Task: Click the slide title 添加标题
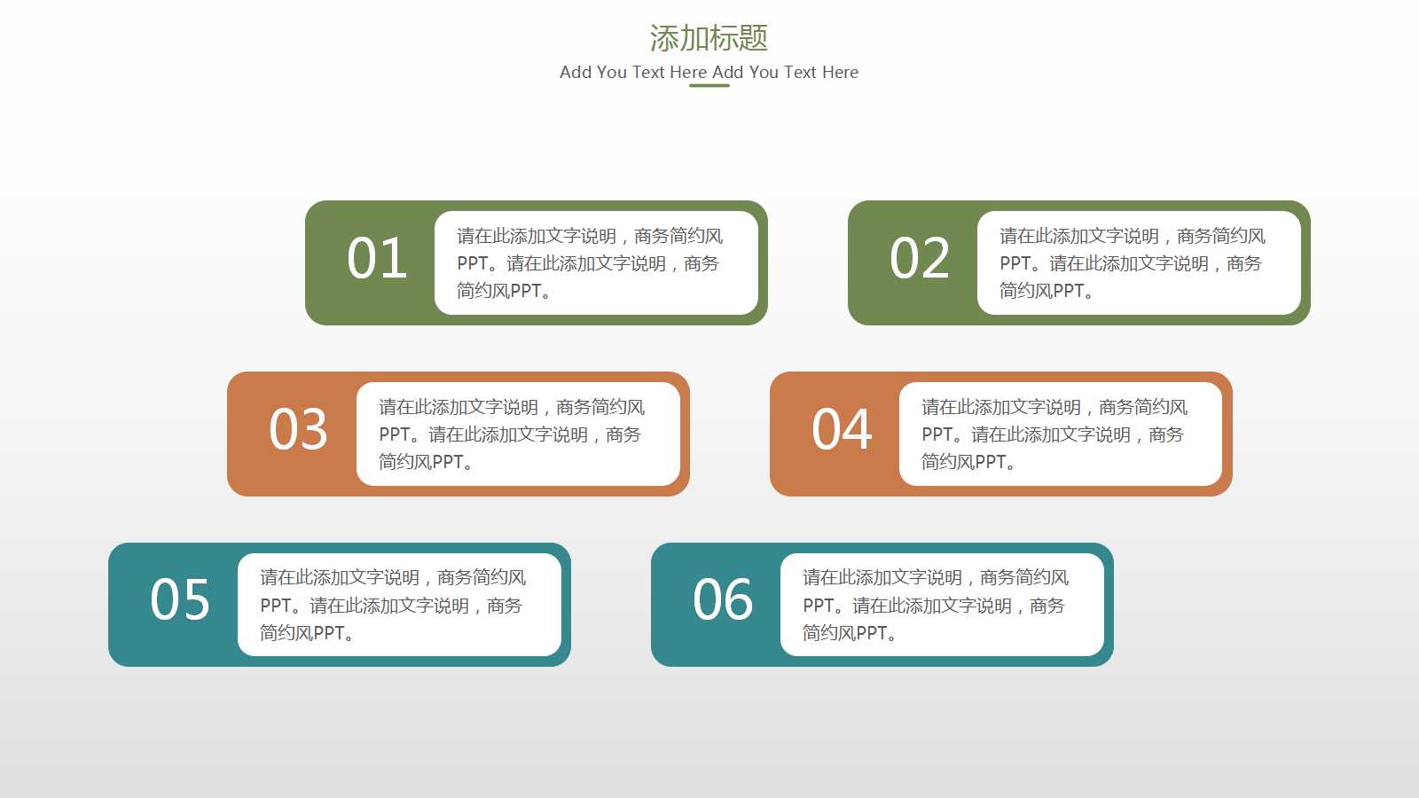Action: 709,38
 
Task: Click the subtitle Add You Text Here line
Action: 709,72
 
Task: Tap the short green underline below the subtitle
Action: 709,86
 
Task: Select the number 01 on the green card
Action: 377,259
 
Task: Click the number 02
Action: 920,259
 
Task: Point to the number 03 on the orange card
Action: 299,430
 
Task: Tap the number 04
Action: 842,430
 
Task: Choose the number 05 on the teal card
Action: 180,600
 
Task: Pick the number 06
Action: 723,600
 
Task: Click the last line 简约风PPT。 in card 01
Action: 503,291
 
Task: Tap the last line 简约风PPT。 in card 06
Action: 849,633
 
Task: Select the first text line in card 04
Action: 1054,407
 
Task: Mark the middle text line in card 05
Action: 391,606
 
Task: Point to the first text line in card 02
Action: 1132,236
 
